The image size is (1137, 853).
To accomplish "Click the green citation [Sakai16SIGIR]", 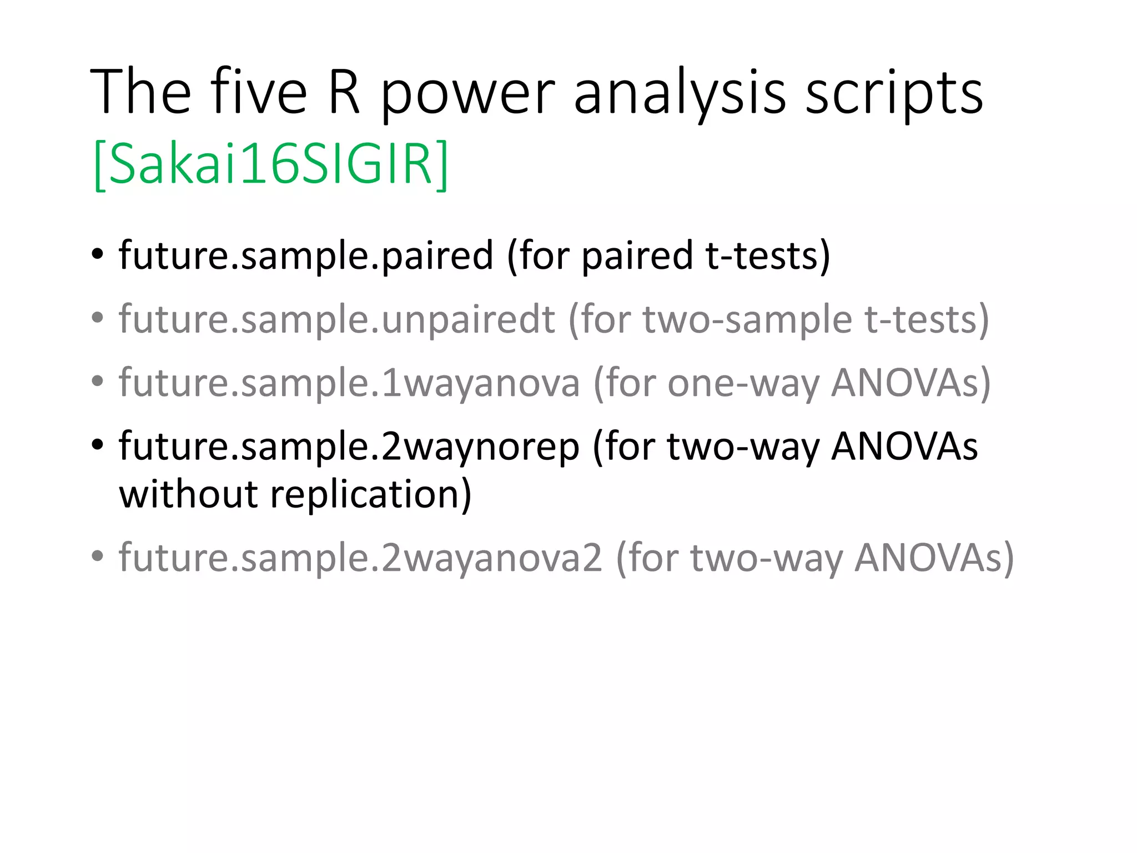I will coord(271,164).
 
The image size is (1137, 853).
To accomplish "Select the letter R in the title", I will coord(344,92).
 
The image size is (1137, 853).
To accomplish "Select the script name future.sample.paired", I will coord(306,256).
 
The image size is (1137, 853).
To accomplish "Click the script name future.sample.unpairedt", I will coord(337,320).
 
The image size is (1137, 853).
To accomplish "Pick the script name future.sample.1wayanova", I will coord(349,383).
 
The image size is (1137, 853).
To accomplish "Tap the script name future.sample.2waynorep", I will coord(349,447).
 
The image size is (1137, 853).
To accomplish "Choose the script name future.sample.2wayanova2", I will coord(360,558).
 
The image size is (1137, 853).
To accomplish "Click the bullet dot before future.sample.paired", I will coord(98,255).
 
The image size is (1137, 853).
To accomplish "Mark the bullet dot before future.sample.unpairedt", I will coord(98,319).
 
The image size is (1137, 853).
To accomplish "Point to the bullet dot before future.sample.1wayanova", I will coord(98,382).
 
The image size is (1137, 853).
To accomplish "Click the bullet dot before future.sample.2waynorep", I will coord(98,445).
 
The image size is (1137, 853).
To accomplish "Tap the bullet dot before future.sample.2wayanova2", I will coord(98,556).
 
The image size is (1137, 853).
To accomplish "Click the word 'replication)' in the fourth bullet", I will coord(370,494).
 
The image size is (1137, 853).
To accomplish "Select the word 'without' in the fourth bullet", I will coord(188,494).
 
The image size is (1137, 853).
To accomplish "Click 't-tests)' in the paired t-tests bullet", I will coord(768,256).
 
